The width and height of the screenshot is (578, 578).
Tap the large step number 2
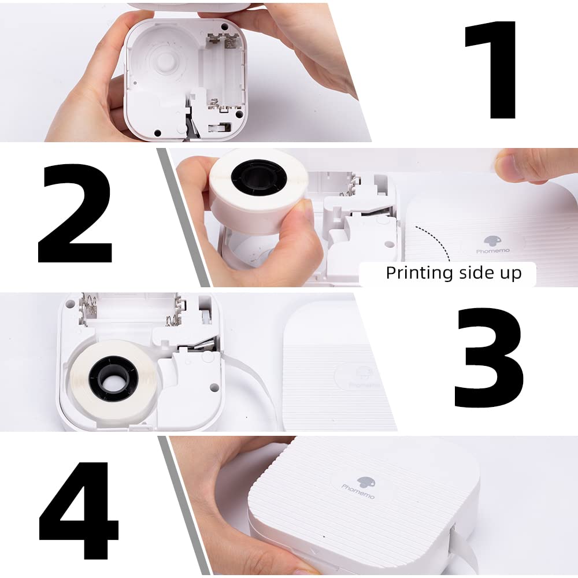[75, 213]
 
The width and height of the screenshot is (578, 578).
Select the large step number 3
[489, 358]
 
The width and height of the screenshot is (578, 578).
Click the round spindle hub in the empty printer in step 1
[164, 61]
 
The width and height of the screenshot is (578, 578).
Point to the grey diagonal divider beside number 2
[183, 217]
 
